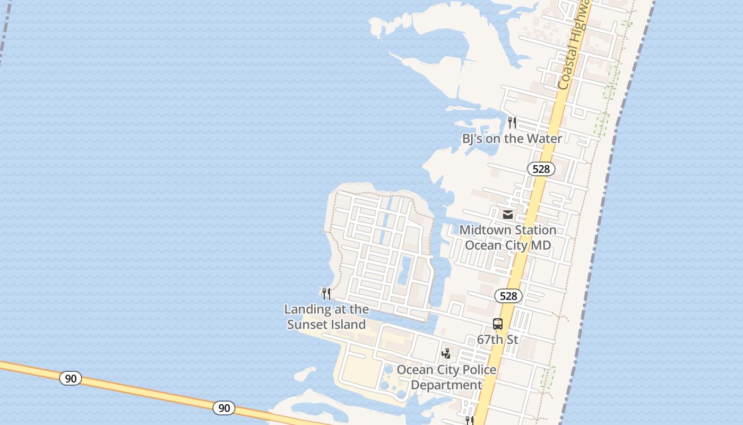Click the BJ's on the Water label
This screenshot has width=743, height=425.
coord(512,139)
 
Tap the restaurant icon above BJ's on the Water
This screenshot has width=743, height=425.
coord(512,123)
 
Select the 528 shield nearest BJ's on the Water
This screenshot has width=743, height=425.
coord(541,169)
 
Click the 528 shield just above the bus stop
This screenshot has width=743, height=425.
coord(508,296)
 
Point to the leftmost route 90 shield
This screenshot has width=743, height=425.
coord(71,378)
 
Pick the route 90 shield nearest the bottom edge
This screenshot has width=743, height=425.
coord(224,408)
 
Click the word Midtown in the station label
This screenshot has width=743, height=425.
coord(483,230)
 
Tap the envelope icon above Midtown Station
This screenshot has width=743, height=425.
coord(508,215)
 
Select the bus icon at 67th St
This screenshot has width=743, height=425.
coord(498,324)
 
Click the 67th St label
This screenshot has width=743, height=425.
coord(497,339)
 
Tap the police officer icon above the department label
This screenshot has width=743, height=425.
coord(446,354)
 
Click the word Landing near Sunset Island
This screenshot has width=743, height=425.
coord(305,309)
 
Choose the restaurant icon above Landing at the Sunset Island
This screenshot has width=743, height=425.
coord(326,293)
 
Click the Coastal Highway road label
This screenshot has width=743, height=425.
coord(574,45)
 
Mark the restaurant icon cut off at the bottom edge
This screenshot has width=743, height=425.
coord(469,421)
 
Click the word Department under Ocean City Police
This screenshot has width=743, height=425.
coord(446,385)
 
